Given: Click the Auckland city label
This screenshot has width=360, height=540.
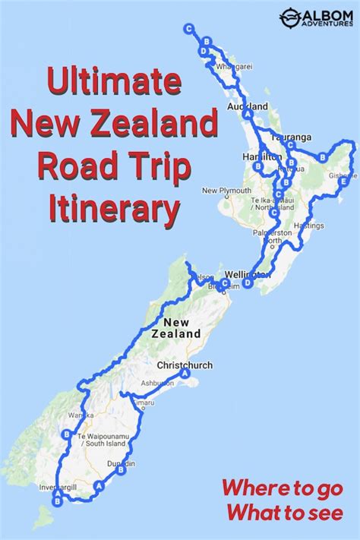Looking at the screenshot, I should point(248,106).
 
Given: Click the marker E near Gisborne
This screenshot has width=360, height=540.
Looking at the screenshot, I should point(345,182).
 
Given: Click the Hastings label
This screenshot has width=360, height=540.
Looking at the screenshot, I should point(309,226).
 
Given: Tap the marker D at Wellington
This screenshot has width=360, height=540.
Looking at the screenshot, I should point(248,283).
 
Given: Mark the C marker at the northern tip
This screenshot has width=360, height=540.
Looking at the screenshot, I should point(188,28).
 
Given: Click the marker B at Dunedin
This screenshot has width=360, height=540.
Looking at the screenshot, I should point(122,469).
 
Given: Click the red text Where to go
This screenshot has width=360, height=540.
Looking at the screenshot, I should point(283,488).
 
